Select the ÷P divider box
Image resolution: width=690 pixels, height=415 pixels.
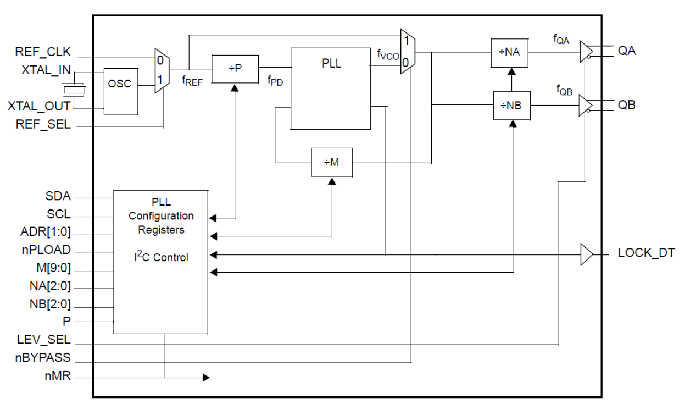click(235, 69)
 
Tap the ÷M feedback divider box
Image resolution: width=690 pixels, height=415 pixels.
click(332, 162)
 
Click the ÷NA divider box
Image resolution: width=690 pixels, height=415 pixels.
click(511, 53)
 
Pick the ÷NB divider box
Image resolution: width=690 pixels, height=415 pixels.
click(511, 105)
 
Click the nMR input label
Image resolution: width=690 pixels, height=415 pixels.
click(58, 377)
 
